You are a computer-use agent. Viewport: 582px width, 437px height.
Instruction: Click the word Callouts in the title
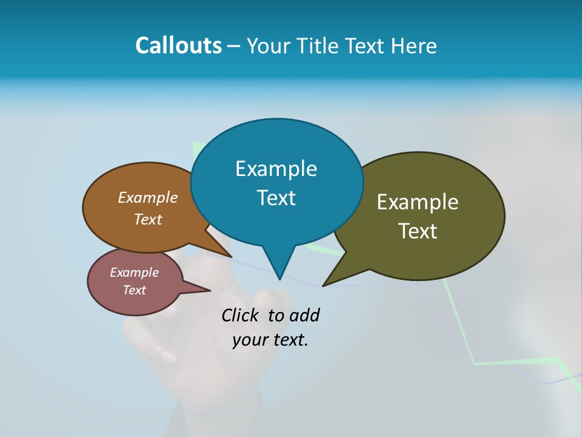pyautogui.click(x=178, y=46)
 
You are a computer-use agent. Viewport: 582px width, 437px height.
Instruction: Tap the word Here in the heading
pyautogui.click(x=415, y=46)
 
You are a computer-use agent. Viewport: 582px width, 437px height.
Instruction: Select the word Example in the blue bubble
pyautogui.click(x=276, y=169)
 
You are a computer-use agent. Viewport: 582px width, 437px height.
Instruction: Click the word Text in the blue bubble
pyautogui.click(x=276, y=198)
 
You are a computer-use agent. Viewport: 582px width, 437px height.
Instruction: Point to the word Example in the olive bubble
pyautogui.click(x=418, y=202)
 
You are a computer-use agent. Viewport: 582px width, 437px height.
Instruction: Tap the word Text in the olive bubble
pyautogui.click(x=418, y=231)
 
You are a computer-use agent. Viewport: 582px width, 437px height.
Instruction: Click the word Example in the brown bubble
pyautogui.click(x=148, y=198)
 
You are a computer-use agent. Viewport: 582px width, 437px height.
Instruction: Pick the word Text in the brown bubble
pyautogui.click(x=148, y=219)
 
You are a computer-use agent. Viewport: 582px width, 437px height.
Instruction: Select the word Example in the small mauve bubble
pyautogui.click(x=134, y=273)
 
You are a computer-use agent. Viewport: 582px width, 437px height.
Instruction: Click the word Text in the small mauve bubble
pyautogui.click(x=134, y=290)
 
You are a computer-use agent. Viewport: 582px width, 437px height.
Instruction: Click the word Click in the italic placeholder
pyautogui.click(x=241, y=315)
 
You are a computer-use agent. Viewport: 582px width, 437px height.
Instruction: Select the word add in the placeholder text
pyautogui.click(x=304, y=315)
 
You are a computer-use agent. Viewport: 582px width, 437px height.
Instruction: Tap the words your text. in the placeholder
pyautogui.click(x=270, y=340)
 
